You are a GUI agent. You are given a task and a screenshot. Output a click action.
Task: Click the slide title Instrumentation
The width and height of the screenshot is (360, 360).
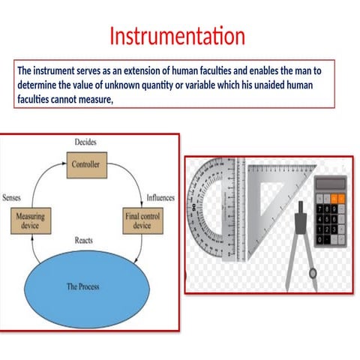tap(177, 36)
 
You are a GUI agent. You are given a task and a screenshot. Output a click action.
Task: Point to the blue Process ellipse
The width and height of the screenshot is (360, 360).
tap(84, 286)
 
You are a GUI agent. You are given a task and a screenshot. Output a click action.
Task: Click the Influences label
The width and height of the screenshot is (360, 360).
tap(160, 198)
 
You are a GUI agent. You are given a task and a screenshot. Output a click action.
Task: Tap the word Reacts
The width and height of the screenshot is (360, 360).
tap(84, 240)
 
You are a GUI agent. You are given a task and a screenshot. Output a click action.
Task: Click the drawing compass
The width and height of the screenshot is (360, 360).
tap(298, 240)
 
